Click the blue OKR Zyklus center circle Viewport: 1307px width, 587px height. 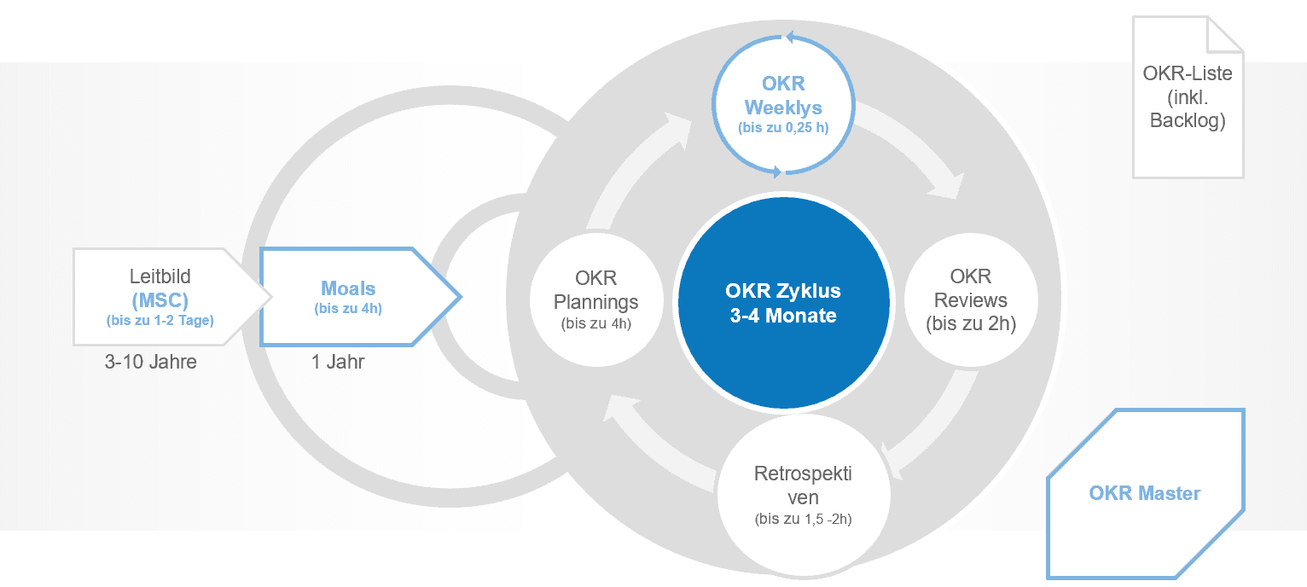pyautogui.click(x=783, y=303)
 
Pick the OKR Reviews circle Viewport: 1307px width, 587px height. pyautogui.click(x=970, y=299)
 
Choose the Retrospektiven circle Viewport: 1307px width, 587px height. pyautogui.click(x=803, y=495)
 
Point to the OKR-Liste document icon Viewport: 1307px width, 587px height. pyautogui.click(x=1187, y=98)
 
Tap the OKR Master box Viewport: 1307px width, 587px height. pyautogui.click(x=1144, y=493)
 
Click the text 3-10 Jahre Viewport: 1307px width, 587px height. pyautogui.click(x=151, y=362)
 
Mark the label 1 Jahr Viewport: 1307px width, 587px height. pyautogui.click(x=338, y=362)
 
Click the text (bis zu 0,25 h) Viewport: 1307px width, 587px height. pyautogui.click(x=783, y=129)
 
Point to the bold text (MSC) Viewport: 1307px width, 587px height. pyautogui.click(x=160, y=301)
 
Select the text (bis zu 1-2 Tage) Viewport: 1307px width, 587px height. pyautogui.click(x=160, y=322)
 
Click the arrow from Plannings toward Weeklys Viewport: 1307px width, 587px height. pyautogui.click(x=636, y=171)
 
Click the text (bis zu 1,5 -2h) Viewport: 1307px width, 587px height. pyautogui.click(x=803, y=518)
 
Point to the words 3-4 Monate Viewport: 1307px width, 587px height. pyautogui.click(x=783, y=315)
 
